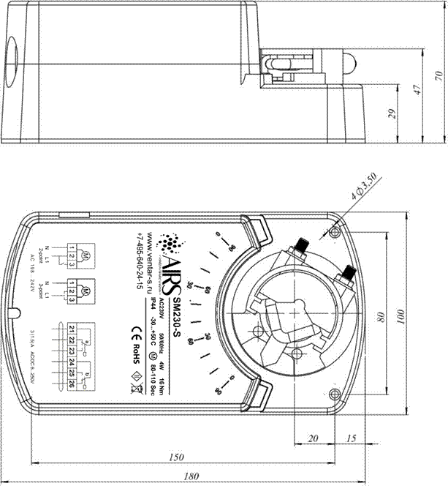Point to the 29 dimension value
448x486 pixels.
(392, 113)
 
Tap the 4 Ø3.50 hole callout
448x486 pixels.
(363, 187)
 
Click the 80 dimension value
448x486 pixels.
(380, 318)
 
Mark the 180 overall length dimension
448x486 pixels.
(192, 476)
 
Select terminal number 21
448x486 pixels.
(72, 326)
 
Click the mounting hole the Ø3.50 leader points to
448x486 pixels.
(335, 232)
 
